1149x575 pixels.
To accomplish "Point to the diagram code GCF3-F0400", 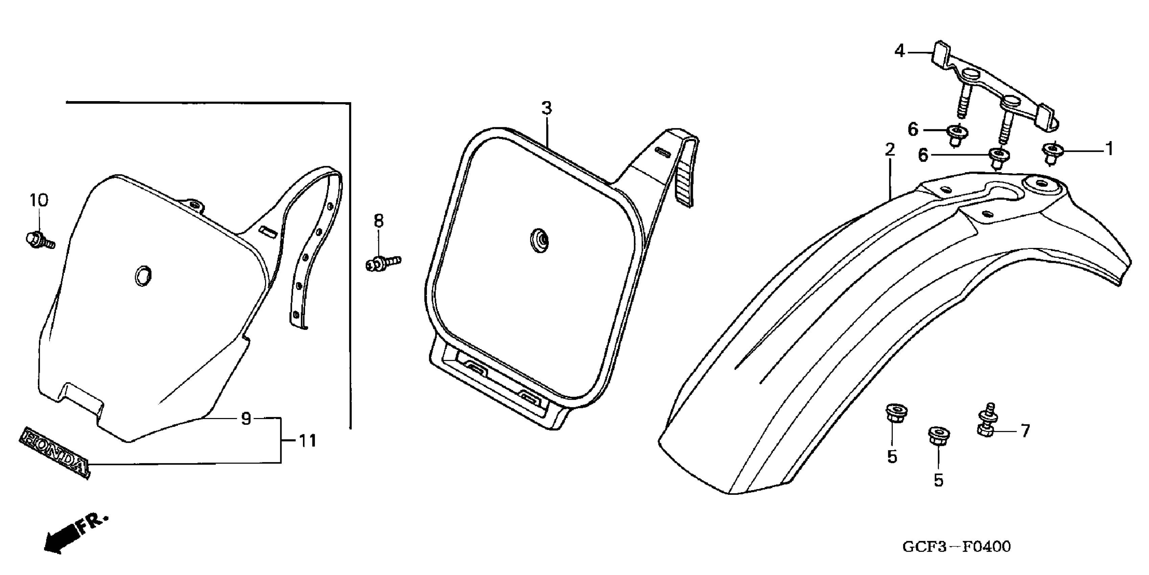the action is [956, 547].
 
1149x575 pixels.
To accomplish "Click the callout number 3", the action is [546, 108].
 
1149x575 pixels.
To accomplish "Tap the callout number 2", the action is [889, 150].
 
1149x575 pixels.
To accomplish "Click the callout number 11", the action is [307, 441].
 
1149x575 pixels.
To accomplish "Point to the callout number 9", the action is [246, 419].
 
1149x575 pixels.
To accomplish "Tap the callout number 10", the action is [39, 201].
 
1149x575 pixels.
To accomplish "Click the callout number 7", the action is [1025, 431].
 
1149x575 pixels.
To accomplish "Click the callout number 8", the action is [378, 221].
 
